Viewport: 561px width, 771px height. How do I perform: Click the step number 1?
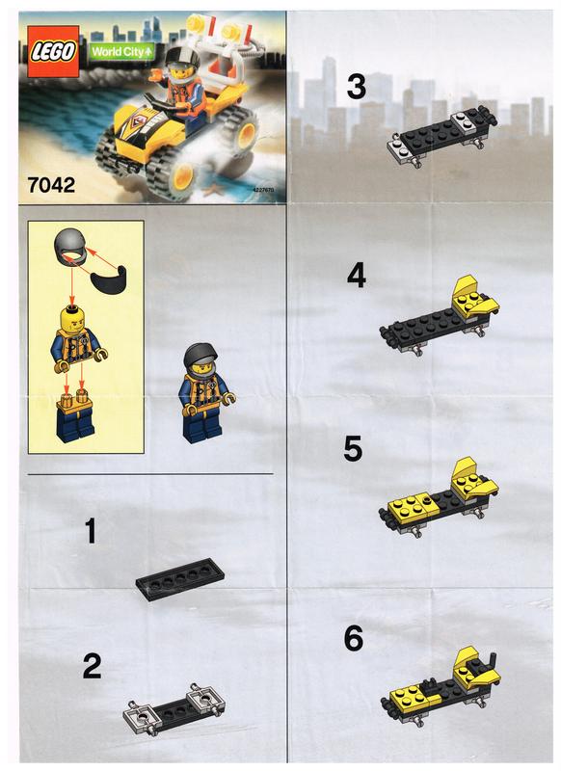91,532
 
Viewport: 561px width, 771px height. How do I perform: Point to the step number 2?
92,667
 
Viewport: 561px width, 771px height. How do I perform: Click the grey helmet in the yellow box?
72,247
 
